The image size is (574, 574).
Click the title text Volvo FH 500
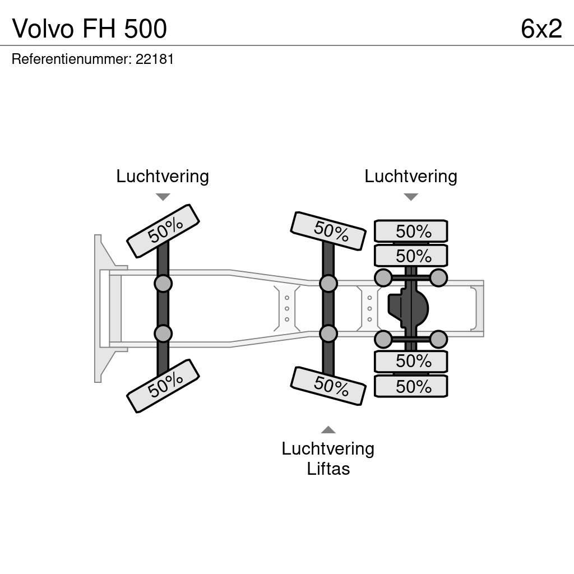[90, 29]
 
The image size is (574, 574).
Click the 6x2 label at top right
[541, 29]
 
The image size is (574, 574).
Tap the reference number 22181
[155, 59]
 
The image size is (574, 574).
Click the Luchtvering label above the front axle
[163, 176]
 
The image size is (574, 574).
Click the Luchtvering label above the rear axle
[411, 176]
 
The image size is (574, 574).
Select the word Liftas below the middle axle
[328, 469]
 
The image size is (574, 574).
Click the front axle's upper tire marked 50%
[163, 231]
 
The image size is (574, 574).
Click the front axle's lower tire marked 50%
[163, 386]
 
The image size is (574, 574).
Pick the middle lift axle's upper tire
[328, 230]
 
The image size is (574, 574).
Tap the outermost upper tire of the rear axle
[411, 231]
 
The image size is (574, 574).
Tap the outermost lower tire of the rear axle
[411, 386]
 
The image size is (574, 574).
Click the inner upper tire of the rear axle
[411, 256]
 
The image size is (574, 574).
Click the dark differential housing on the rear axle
[408, 308]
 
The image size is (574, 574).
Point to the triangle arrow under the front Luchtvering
[163, 197]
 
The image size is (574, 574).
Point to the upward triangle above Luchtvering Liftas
[328, 430]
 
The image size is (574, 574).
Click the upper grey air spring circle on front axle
[163, 284]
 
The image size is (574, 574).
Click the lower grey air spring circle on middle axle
[328, 334]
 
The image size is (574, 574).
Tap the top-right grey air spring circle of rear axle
[438, 277]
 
